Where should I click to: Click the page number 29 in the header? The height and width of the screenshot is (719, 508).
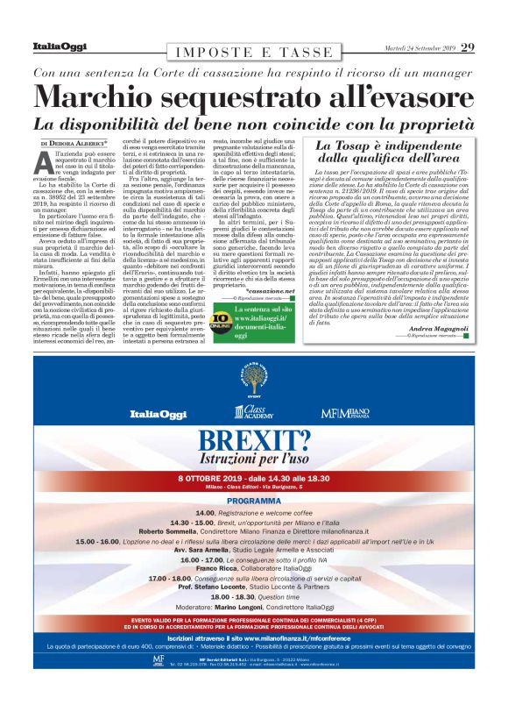pos(468,46)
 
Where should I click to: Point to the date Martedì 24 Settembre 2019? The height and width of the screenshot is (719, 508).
pos(412,47)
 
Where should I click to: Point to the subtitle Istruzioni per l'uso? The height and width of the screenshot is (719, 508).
pos(253,459)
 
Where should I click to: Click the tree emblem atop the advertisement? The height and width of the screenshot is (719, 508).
pos(253,380)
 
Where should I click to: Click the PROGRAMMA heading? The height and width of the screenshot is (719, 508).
pos(253,501)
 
